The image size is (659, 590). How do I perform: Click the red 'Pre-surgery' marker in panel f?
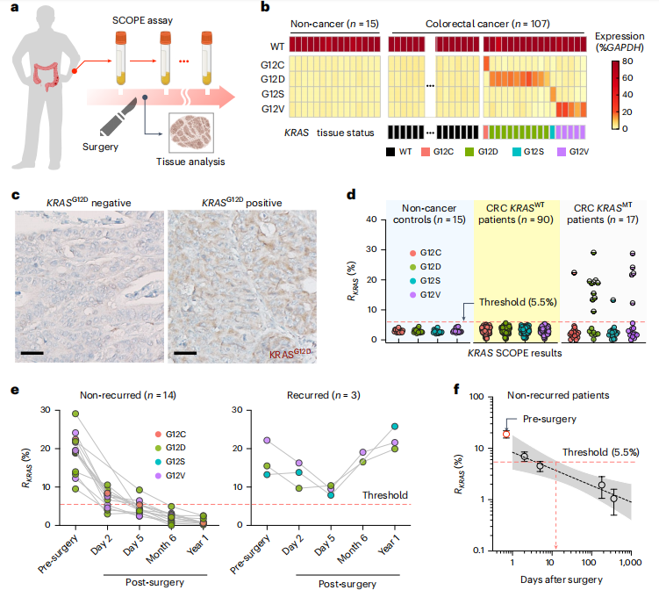[506, 434]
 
